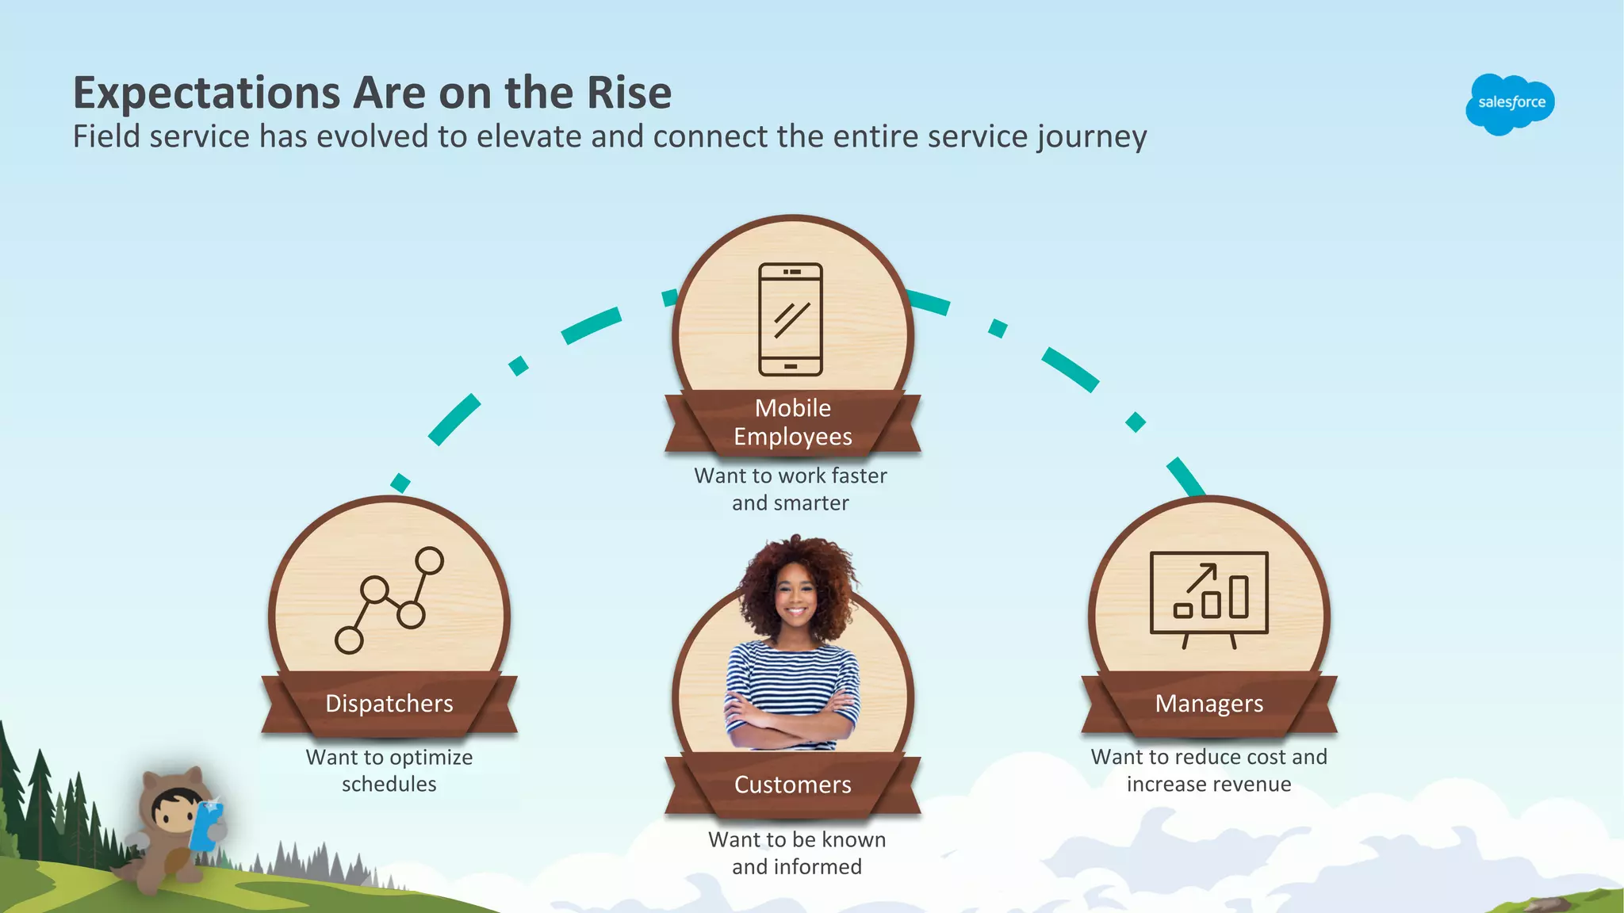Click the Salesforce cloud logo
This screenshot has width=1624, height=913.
(x=1510, y=103)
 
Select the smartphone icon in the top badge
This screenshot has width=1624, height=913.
(x=791, y=319)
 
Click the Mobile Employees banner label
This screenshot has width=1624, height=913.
(x=793, y=422)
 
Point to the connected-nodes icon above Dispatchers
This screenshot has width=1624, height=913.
(x=389, y=600)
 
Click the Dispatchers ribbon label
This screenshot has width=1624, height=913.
(x=389, y=703)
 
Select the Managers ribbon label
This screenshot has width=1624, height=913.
(x=1208, y=703)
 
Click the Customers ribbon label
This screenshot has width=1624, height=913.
(x=793, y=785)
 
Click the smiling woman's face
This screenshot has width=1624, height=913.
(x=795, y=599)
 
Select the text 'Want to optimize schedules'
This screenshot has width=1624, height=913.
(x=389, y=770)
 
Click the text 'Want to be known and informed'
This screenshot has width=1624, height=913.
(x=796, y=853)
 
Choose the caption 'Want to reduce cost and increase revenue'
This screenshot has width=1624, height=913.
(x=1208, y=770)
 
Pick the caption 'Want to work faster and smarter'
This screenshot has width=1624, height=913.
(x=791, y=489)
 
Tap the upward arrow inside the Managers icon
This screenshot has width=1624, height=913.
(x=1202, y=576)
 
